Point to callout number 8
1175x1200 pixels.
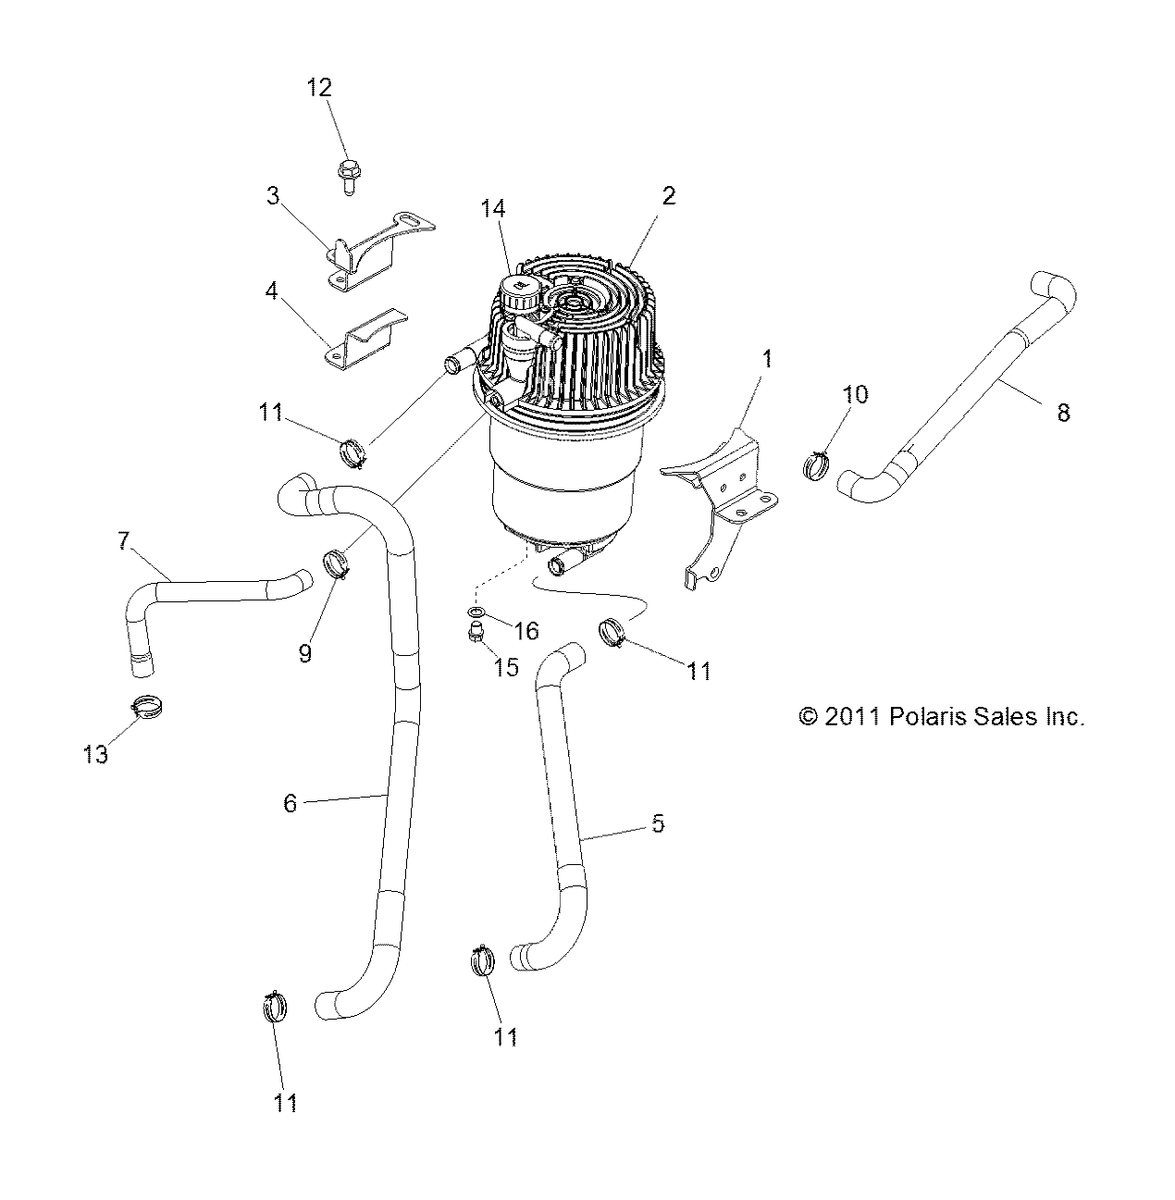click(1063, 414)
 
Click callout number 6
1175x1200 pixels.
click(290, 803)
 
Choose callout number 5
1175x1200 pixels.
click(658, 823)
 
